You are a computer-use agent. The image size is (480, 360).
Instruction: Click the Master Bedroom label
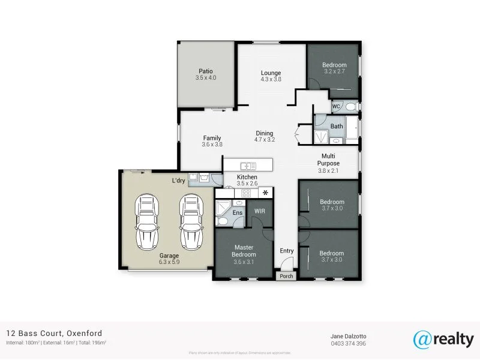point(244,251)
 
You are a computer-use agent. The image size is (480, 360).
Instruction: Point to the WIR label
point(260,211)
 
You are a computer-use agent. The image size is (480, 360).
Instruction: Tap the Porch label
point(286,277)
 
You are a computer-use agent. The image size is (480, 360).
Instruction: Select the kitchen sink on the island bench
point(247,166)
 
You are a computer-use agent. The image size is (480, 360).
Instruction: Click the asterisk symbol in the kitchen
point(264,193)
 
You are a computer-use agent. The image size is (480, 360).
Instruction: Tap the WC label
point(336,106)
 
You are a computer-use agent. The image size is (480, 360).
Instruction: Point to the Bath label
point(337,126)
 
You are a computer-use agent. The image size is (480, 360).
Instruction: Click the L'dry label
point(178,181)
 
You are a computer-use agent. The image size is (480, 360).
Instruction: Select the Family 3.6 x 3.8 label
point(212,141)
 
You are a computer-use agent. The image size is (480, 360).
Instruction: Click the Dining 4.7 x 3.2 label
point(265,136)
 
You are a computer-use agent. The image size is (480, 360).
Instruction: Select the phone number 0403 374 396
point(347,343)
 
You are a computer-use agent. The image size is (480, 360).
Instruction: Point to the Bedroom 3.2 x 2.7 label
point(334,68)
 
